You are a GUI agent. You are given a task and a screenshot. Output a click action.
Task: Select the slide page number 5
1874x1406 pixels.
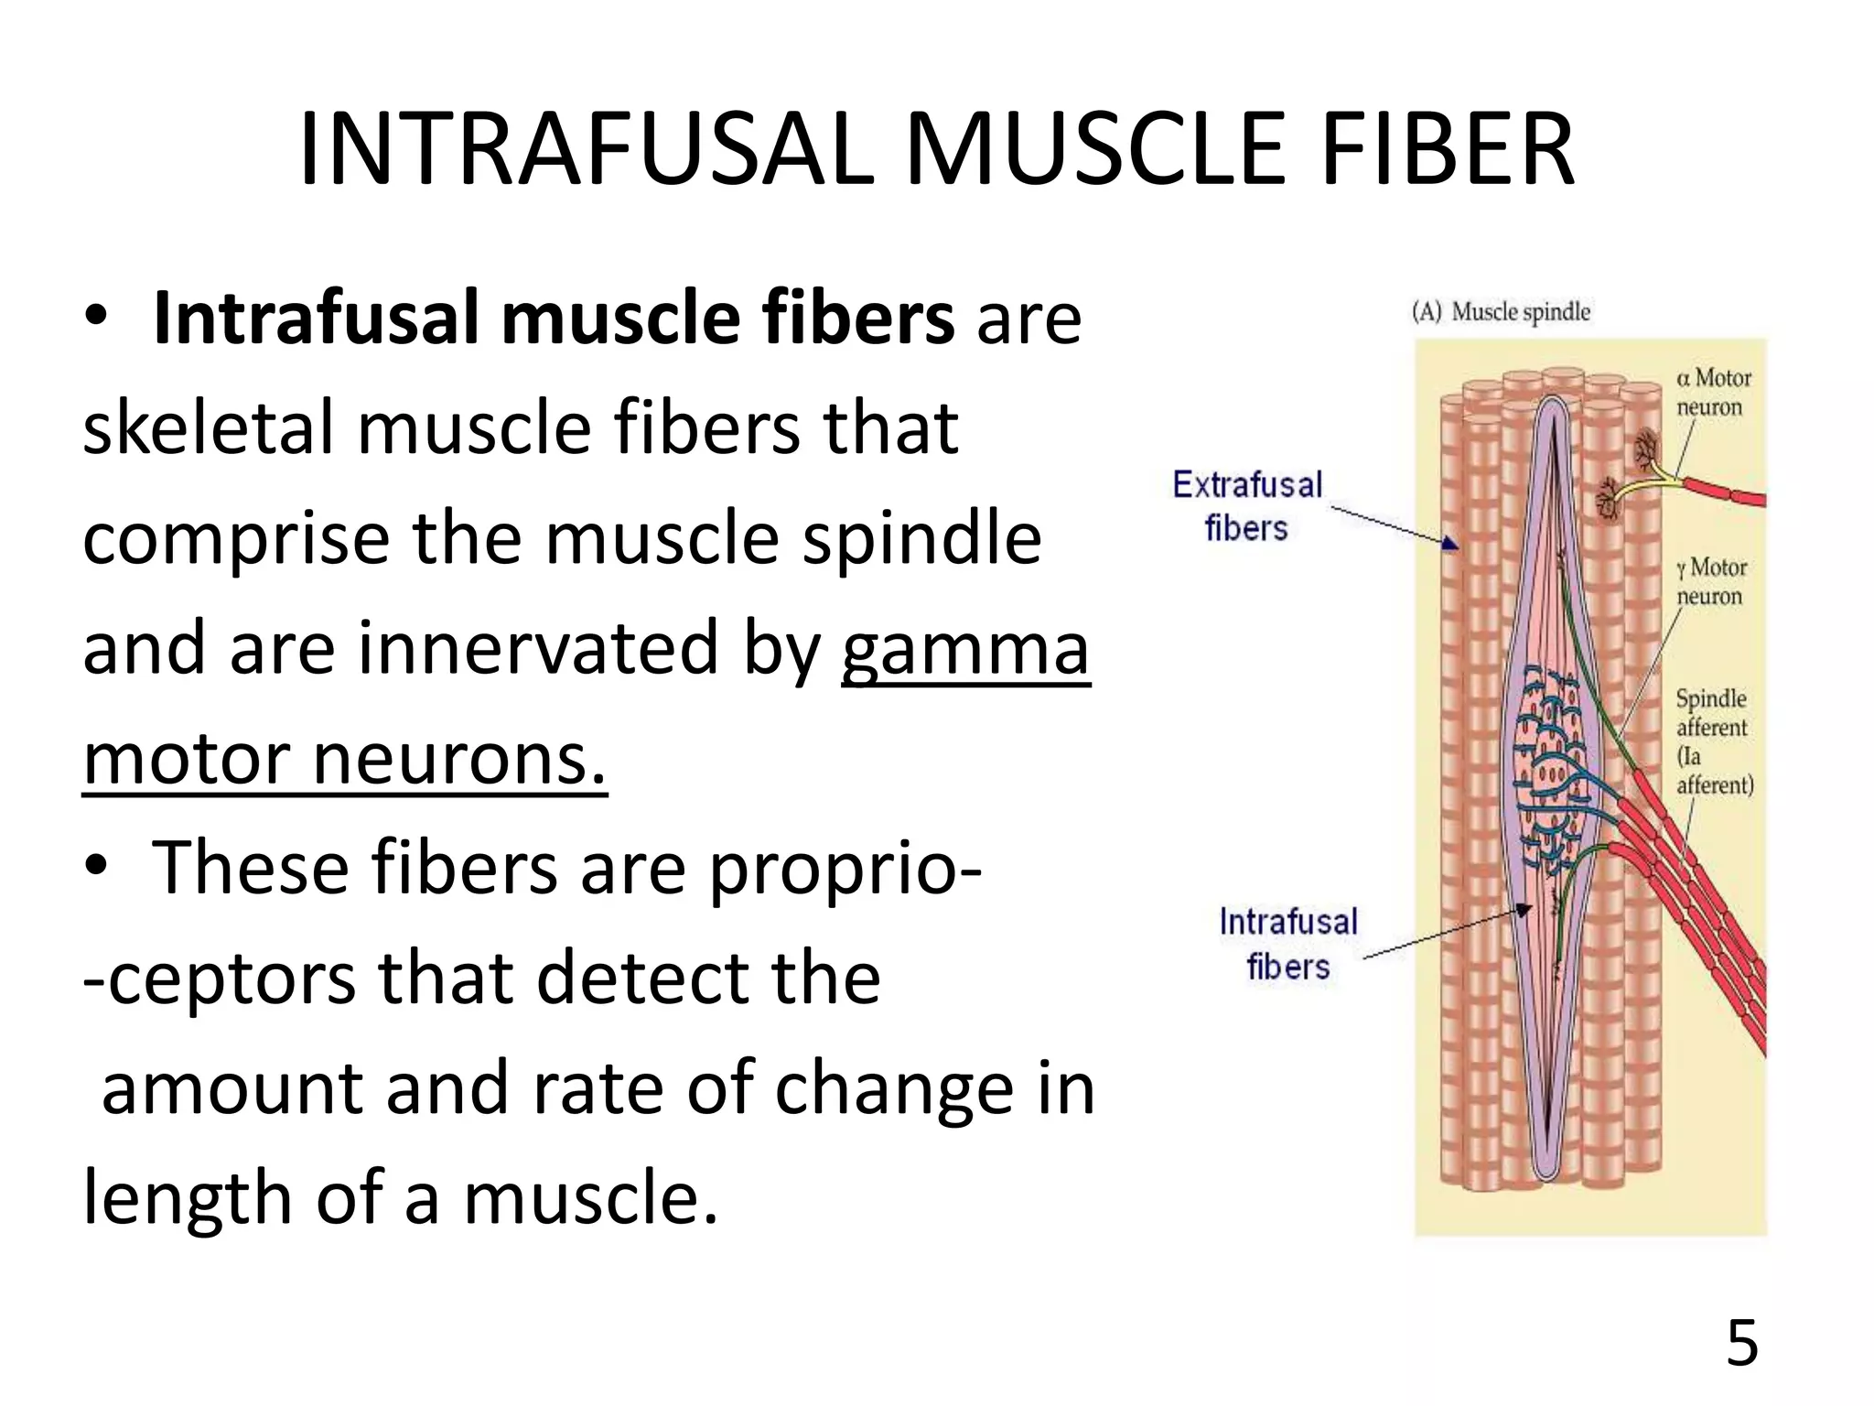[x=1741, y=1344]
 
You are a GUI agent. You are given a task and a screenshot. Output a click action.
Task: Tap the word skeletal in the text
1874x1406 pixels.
[x=208, y=428]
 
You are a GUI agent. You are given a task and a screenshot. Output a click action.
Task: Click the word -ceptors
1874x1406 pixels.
[x=220, y=979]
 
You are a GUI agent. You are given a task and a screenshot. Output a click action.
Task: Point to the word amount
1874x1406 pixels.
[x=232, y=1089]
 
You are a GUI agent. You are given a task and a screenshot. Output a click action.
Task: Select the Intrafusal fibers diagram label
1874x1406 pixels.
[x=1287, y=944]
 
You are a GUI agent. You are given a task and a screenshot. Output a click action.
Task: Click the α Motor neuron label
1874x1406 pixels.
[x=1712, y=392]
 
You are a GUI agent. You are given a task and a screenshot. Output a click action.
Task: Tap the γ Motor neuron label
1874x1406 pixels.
[x=1710, y=581]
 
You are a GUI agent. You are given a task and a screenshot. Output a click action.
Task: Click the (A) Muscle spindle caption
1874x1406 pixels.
[x=1501, y=312]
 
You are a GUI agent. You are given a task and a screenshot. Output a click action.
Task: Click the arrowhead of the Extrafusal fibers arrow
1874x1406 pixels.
[x=1449, y=544]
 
